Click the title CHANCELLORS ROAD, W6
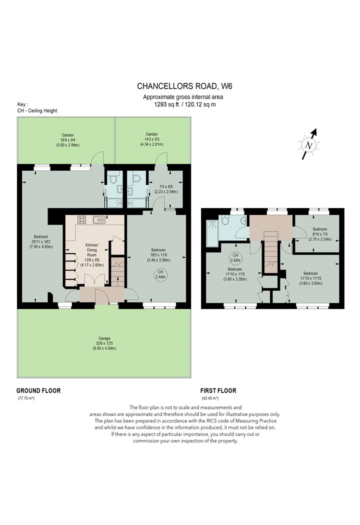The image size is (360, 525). click(x=184, y=86)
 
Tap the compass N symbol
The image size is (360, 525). click(x=309, y=145)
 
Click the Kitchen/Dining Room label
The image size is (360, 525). click(x=92, y=255)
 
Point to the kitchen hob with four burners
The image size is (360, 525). click(x=82, y=219)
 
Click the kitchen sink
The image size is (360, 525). click(x=99, y=220)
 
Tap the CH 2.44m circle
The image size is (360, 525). click(x=160, y=274)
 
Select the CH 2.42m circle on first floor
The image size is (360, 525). click(x=235, y=258)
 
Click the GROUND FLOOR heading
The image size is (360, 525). click(x=38, y=390)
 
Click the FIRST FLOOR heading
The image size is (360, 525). click(x=218, y=390)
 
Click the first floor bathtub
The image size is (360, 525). click(x=212, y=233)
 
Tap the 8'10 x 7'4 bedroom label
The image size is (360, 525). click(x=320, y=234)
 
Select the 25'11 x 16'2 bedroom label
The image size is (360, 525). click(x=41, y=241)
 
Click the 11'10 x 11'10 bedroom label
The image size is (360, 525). click(x=311, y=278)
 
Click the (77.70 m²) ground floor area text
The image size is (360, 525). click(x=26, y=398)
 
